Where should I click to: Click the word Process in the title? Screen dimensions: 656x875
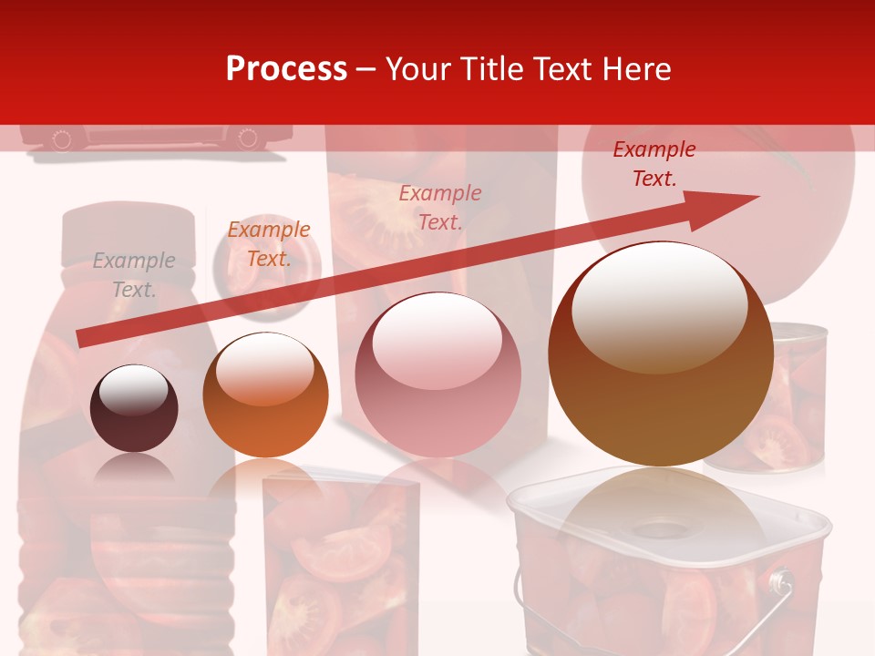(286, 68)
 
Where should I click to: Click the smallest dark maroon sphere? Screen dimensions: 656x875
(134, 408)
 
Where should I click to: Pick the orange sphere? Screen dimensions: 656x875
(264, 395)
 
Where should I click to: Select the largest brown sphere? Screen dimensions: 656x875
(661, 355)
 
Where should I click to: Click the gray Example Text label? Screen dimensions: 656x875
(134, 275)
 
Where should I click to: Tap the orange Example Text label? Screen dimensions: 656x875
(269, 244)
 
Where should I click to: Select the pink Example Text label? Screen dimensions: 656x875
(440, 207)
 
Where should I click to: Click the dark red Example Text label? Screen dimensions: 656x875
(654, 164)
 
